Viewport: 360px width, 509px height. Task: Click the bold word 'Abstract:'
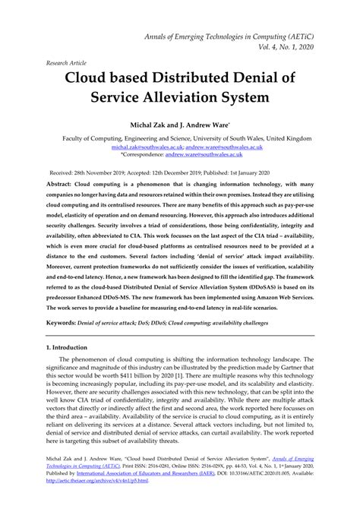click(62, 185)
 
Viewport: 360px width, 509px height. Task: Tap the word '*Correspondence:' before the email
click(146, 156)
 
